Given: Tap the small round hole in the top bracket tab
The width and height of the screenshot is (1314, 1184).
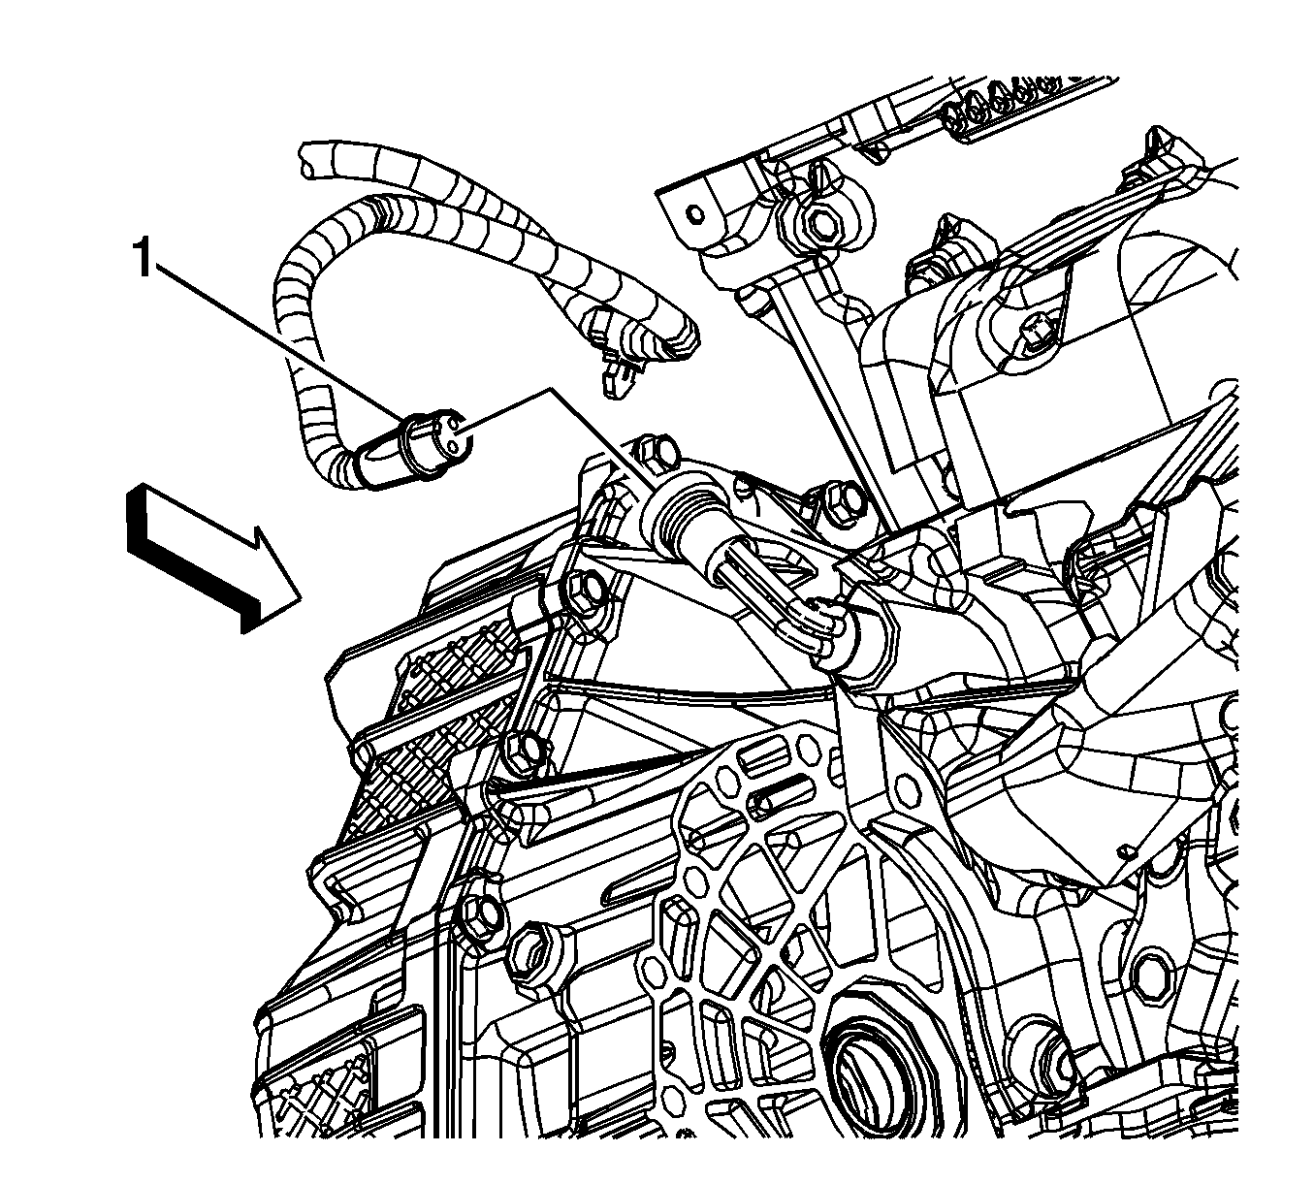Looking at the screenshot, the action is pos(695,214).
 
